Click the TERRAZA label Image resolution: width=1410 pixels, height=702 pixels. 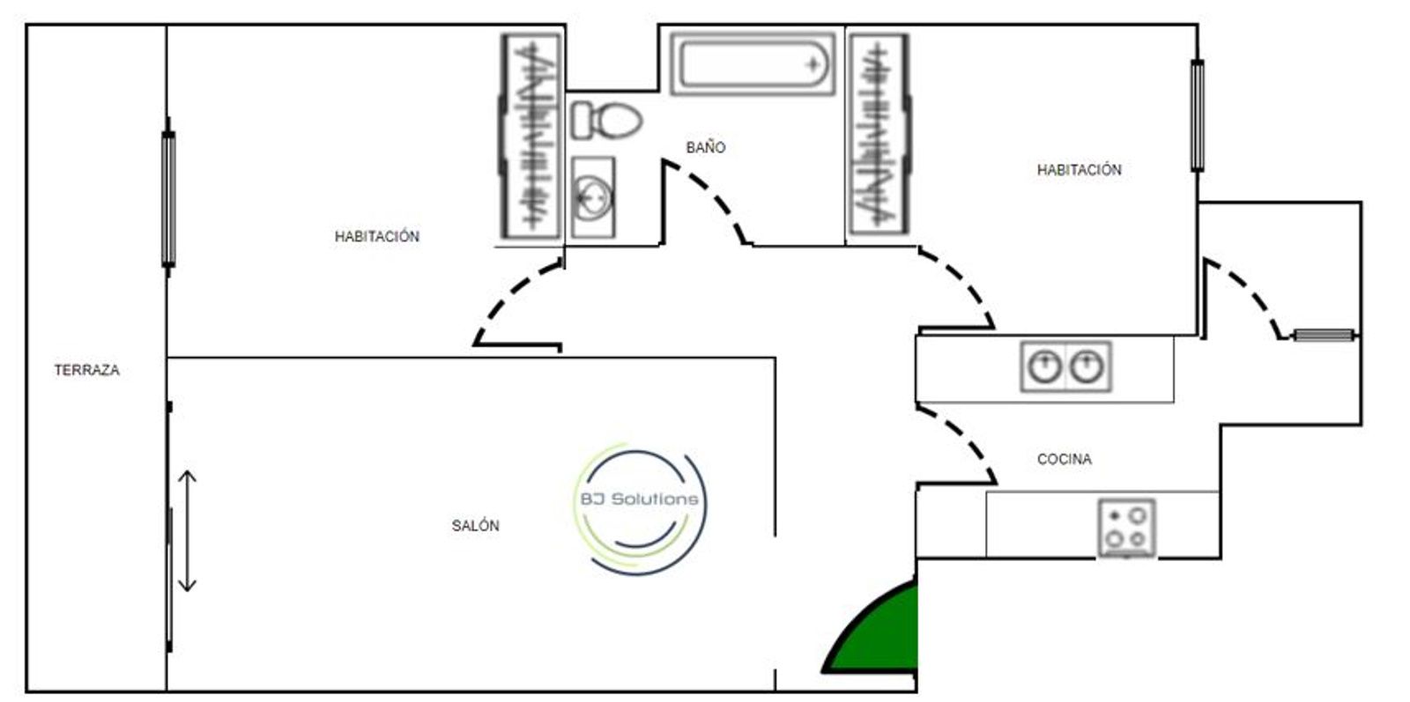coord(86,371)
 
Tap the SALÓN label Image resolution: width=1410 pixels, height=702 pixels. coord(475,526)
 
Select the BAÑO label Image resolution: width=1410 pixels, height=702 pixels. coord(705,148)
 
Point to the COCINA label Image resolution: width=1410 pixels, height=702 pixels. coord(1064,459)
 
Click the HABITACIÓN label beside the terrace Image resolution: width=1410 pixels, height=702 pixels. coord(376,236)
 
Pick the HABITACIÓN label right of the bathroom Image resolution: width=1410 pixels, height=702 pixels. coord(1079,170)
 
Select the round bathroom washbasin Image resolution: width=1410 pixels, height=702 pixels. coord(592,196)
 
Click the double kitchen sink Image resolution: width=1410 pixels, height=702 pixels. coord(1065,366)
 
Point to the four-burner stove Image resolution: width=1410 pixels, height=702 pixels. coord(1126,528)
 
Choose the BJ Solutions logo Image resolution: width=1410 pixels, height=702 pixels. coord(639,509)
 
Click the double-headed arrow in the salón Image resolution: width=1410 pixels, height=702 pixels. coord(187,531)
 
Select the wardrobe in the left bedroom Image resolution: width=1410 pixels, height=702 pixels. coord(531,136)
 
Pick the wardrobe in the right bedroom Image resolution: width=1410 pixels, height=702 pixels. coord(878,136)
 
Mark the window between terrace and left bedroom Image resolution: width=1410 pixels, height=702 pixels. coord(167,198)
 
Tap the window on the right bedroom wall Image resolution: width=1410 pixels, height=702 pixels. coord(1196,115)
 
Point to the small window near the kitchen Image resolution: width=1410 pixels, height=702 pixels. coord(1323,335)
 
